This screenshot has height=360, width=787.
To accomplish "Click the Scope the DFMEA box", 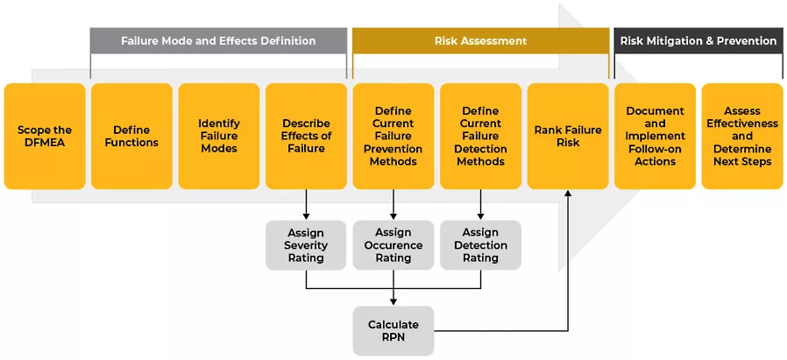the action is point(45,137).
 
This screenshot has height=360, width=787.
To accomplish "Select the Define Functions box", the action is point(132,137).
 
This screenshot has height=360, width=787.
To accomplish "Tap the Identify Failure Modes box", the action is point(219,137).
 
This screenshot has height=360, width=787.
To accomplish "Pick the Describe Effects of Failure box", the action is point(306,137).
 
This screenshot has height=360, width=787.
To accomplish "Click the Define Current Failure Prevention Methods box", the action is point(393,137).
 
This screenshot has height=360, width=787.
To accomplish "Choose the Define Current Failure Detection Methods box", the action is point(481,137).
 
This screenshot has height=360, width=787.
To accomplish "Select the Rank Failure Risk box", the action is point(568,137).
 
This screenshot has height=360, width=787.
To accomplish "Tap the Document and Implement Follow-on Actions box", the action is point(655,137).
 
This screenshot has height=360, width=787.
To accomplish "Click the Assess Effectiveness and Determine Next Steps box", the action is point(742,137).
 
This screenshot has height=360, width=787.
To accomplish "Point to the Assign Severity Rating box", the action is point(306,245).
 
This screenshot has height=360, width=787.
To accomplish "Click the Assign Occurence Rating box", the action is point(393,245).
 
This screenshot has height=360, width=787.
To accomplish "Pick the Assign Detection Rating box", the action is point(481,245).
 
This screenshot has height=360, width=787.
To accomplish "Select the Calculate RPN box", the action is point(393,331).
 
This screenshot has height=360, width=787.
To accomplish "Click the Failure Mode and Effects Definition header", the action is point(218,40).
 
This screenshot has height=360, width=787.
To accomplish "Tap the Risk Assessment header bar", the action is point(481,40).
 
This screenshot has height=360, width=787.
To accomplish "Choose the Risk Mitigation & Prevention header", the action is point(698,40).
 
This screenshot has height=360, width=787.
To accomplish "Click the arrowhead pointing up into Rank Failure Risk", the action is point(568,194).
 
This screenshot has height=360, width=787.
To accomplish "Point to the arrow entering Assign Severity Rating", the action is point(306,205).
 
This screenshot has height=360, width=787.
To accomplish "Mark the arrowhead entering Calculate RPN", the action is point(393,302).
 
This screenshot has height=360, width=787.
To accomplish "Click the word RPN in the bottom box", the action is point(393,337).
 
